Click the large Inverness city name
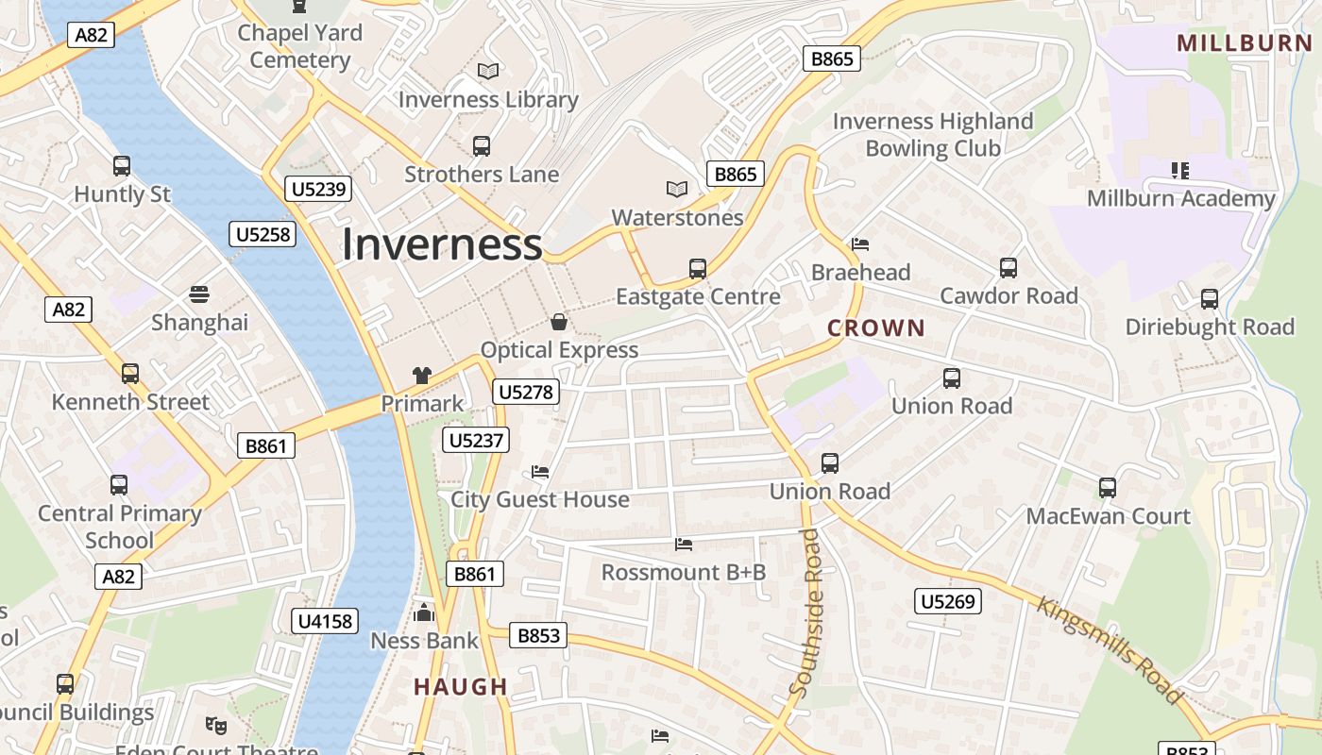[442, 244]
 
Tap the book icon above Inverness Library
[488, 71]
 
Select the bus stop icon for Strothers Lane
[482, 146]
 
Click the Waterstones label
[677, 218]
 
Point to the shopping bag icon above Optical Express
[559, 322]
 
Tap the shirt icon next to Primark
[422, 375]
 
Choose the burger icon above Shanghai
[199, 294]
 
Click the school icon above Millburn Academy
[1180, 171]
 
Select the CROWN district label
[875, 328]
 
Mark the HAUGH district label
[461, 687]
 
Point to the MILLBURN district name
[1245, 42]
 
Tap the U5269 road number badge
[948, 601]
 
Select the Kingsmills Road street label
[1110, 649]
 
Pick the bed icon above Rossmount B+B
[684, 545]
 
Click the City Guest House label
[540, 499]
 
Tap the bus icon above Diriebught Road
[1210, 299]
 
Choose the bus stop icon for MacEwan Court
[1108, 488]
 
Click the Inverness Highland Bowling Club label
[933, 135]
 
